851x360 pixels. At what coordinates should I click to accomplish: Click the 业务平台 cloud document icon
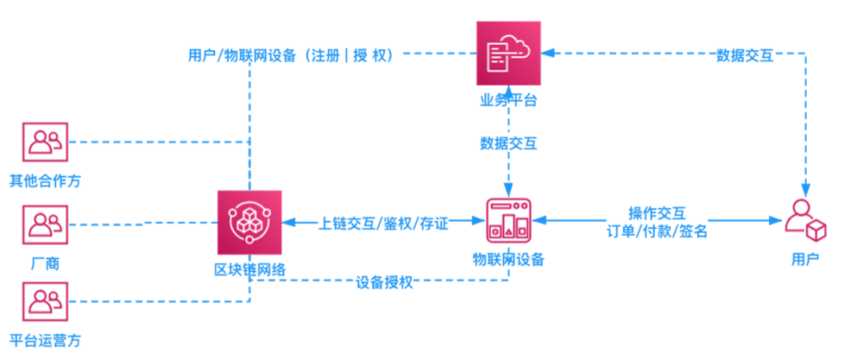[508, 54]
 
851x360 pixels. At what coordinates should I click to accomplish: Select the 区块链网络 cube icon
[250, 223]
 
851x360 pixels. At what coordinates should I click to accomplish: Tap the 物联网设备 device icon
[508, 221]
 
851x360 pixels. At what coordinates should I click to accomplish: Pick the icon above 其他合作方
[45, 142]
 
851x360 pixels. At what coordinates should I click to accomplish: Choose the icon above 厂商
[45, 225]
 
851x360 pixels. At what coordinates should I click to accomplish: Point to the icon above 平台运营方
[45, 302]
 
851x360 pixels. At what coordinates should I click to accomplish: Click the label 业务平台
[508, 100]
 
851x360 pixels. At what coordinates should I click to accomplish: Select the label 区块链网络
[250, 269]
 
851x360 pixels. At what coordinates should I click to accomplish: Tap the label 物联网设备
[508, 259]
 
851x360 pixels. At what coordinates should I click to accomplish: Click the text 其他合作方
[45, 181]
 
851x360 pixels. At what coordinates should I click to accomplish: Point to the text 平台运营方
[45, 341]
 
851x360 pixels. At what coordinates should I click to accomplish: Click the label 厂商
[45, 265]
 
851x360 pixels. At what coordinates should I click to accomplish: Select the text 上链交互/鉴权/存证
[383, 224]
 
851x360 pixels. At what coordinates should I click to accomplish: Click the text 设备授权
[385, 283]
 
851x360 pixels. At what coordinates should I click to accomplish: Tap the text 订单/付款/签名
[656, 232]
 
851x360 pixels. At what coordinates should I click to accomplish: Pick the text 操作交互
[656, 213]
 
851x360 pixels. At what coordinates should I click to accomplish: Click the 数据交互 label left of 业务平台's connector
[508, 143]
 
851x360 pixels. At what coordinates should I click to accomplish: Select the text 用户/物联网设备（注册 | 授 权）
[290, 55]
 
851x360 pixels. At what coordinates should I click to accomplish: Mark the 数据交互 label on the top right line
[745, 55]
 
